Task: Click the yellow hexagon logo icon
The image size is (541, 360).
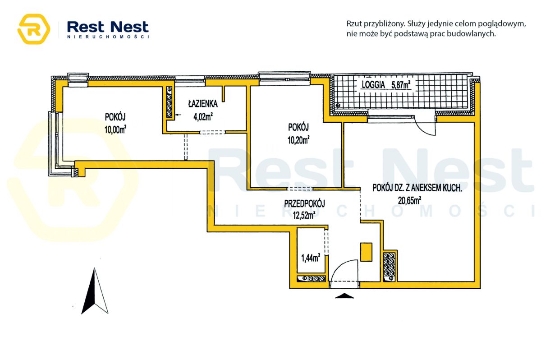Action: (x=33, y=29)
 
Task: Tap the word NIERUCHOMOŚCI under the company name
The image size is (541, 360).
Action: (x=107, y=37)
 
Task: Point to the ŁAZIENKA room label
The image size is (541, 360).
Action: (x=203, y=104)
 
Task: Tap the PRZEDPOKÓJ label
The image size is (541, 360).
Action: (x=305, y=203)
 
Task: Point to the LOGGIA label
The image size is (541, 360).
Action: (x=373, y=84)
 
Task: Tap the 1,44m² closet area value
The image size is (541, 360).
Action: (x=311, y=258)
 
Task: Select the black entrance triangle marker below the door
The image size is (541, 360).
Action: (x=344, y=296)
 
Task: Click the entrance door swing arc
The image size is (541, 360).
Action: (x=343, y=271)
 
